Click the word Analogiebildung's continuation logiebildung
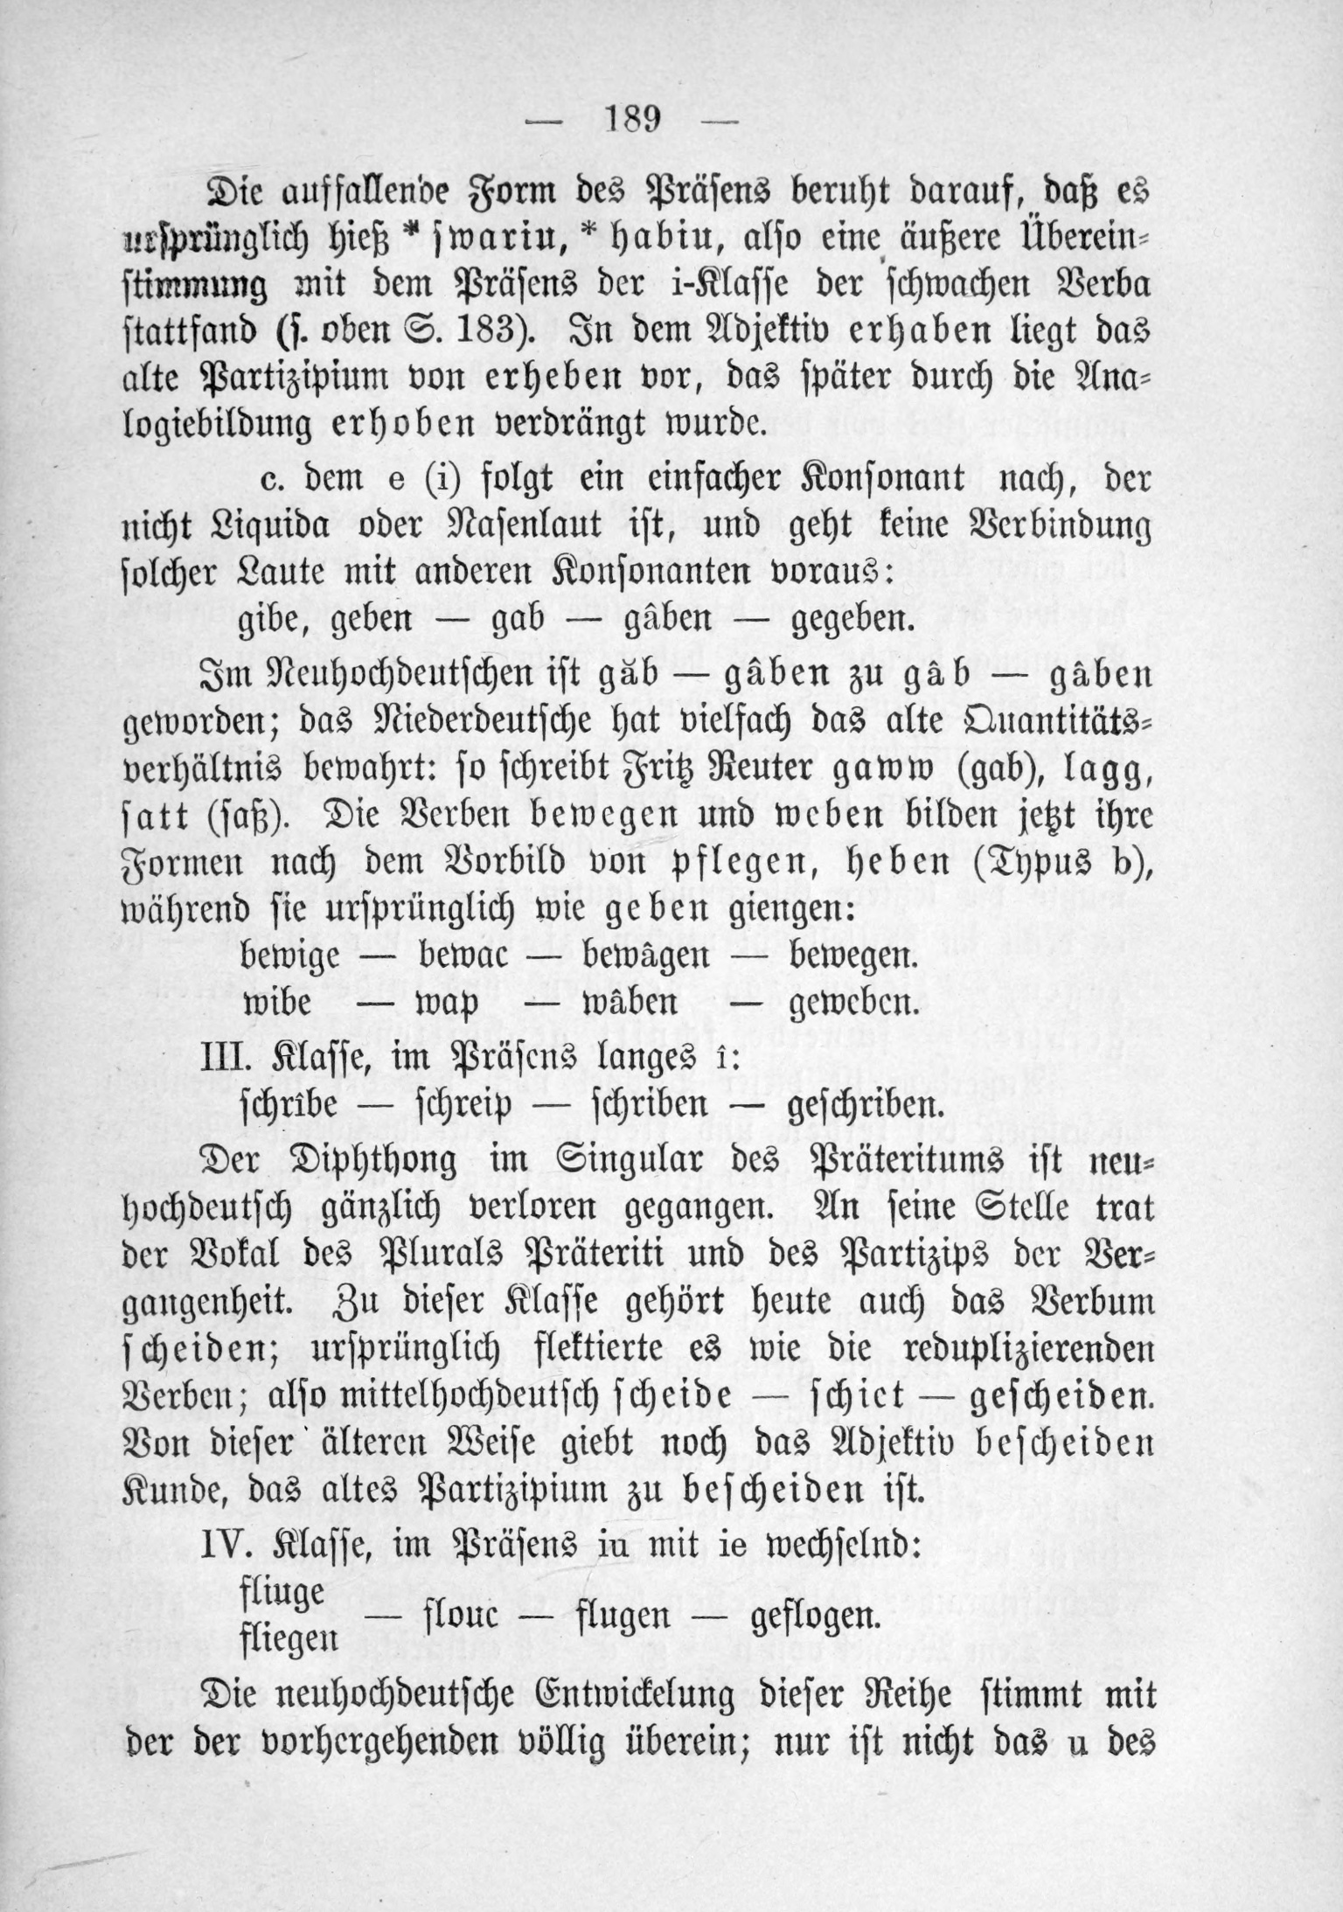tap(222, 428)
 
